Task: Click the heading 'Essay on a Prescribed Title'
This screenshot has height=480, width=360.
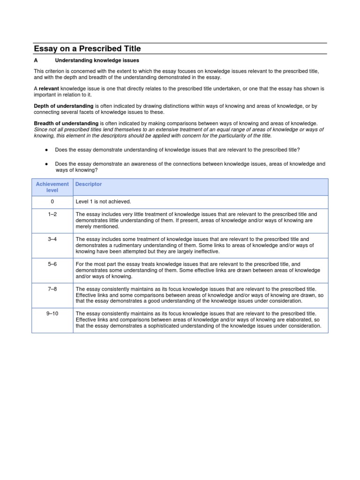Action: click(x=87, y=49)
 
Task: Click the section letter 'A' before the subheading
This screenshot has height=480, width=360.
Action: click(x=36, y=60)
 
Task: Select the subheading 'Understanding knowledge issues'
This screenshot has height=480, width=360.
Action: click(x=97, y=60)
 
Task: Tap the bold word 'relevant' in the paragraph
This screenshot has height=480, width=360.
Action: click(x=48, y=88)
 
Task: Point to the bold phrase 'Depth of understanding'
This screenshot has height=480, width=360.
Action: click(x=64, y=106)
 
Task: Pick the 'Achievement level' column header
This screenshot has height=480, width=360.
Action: click(x=52, y=187)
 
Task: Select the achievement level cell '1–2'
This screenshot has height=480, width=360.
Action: click(x=52, y=214)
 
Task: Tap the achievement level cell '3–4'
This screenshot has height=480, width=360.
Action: click(x=52, y=239)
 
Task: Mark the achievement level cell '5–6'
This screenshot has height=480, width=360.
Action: click(x=52, y=264)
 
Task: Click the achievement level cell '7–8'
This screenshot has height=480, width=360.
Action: click(x=52, y=289)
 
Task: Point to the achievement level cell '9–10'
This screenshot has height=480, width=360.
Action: click(x=52, y=314)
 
